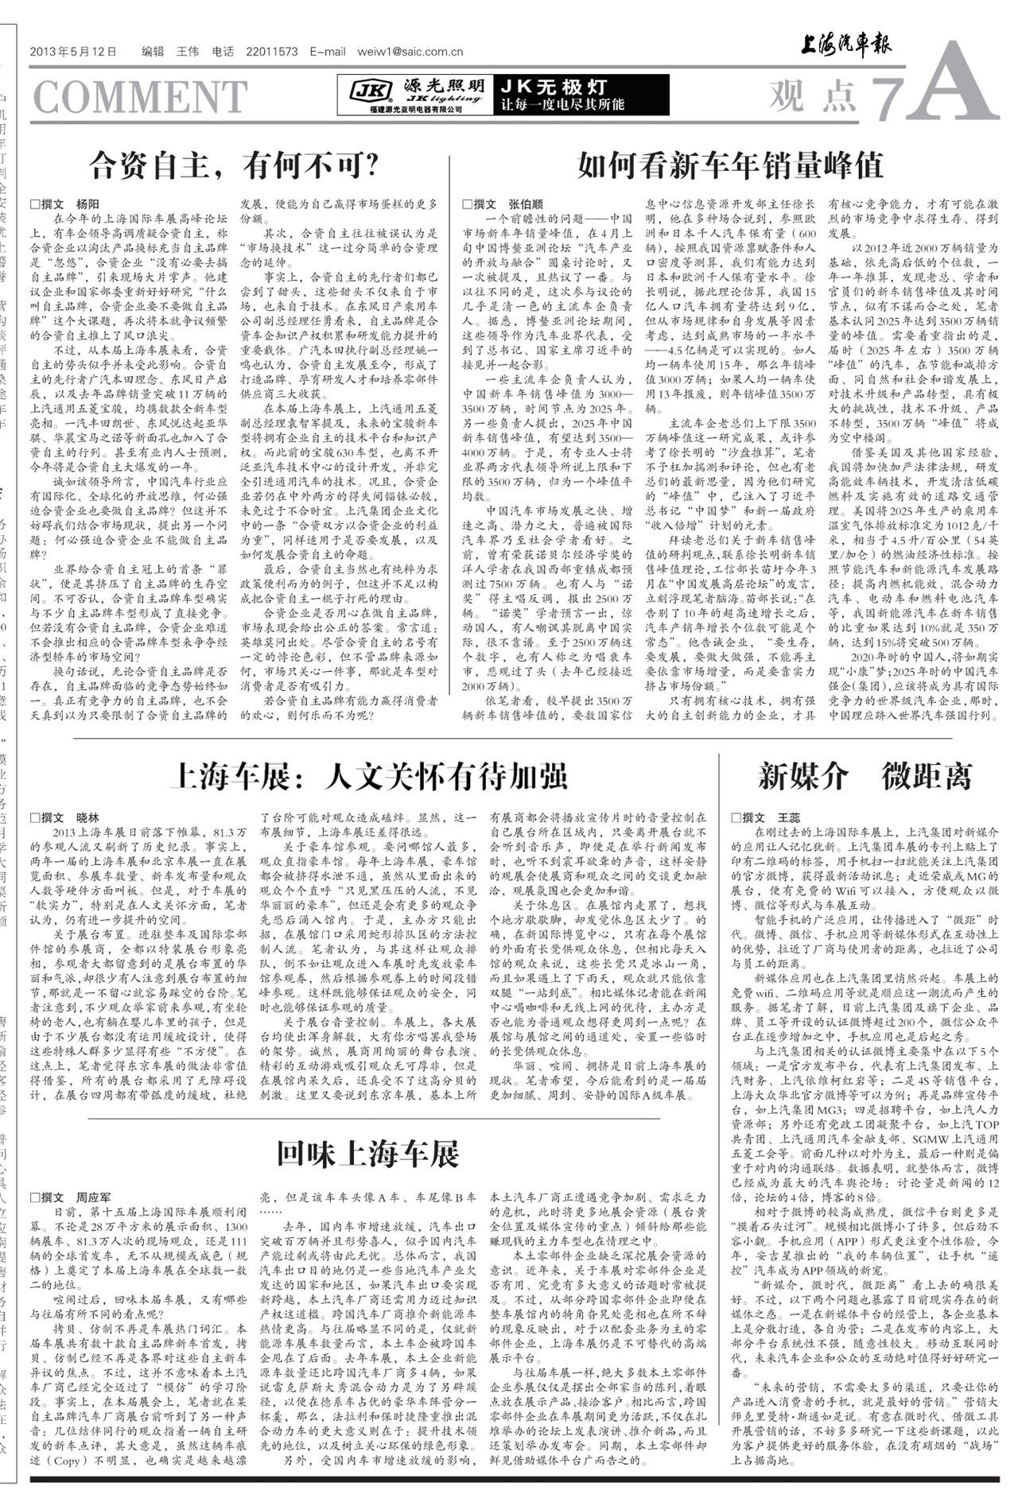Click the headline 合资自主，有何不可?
click(x=235, y=165)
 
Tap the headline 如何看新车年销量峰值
click(x=730, y=165)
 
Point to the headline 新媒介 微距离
click(x=865, y=776)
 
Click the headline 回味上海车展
click(x=368, y=1153)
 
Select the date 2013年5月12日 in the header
click(x=73, y=52)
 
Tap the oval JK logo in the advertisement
click(x=371, y=93)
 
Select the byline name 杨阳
click(x=87, y=204)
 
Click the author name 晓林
click(x=87, y=817)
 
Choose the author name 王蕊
click(x=789, y=817)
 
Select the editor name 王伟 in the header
click(x=187, y=52)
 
